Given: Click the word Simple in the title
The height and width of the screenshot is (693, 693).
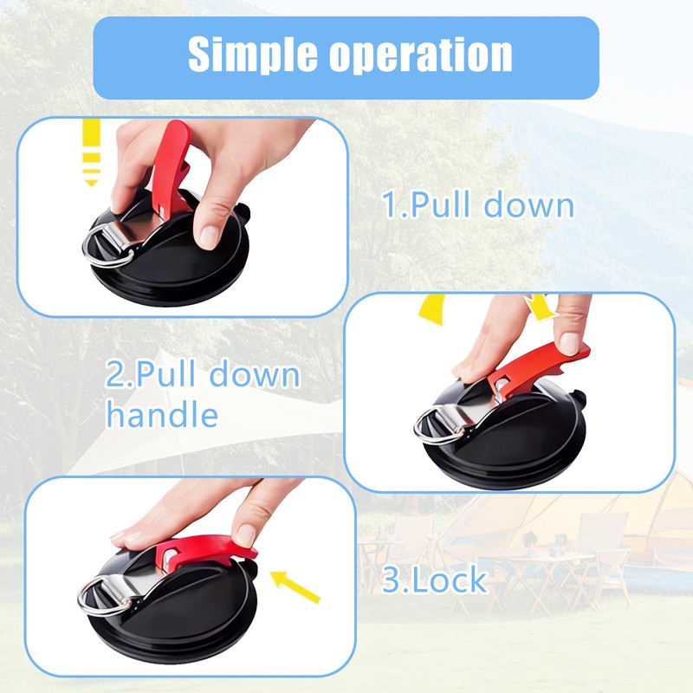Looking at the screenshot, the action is coord(253,55).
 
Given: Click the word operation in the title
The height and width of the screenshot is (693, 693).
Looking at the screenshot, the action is coord(421,55).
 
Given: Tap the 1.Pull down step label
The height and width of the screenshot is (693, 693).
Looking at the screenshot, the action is coord(478,204).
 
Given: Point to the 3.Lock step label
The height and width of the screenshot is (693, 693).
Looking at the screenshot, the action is coord(434,580).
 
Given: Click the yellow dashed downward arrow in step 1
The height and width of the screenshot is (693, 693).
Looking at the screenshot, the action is coord(92,152).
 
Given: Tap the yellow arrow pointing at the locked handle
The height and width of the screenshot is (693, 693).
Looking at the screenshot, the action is coord(295,586).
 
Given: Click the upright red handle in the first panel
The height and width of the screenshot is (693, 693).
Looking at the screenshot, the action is coord(172,167).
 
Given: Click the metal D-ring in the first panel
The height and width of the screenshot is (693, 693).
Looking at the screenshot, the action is coord(107,245).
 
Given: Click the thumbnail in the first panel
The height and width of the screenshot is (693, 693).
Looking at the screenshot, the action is coord(210,236).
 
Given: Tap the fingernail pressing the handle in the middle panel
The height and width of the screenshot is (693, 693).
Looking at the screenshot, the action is coord(570,343).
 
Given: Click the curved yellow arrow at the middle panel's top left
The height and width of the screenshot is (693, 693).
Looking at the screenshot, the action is coord(432,309).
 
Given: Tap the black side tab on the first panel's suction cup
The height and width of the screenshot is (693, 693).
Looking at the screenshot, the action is coord(244,213).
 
